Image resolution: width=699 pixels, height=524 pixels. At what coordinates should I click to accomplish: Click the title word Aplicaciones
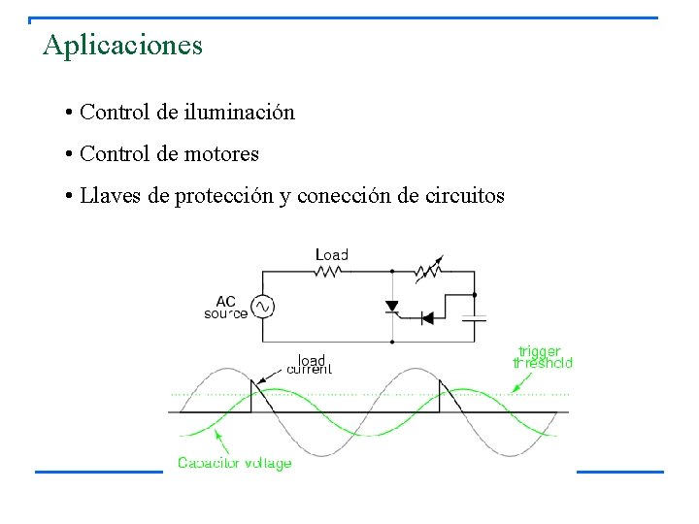(x=122, y=46)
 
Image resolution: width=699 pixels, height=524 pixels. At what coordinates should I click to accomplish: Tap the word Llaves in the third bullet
(x=110, y=196)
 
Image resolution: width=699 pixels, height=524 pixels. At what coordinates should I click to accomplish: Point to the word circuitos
(x=464, y=196)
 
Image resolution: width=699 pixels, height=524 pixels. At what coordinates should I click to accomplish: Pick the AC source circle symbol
(x=262, y=307)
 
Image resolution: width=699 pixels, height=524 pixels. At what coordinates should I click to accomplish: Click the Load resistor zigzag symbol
(x=327, y=272)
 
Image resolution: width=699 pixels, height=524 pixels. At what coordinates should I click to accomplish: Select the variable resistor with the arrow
(x=428, y=270)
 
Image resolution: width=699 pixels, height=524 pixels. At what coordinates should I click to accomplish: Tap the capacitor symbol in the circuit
(x=474, y=316)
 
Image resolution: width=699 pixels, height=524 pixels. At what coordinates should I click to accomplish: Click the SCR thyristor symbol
(x=392, y=307)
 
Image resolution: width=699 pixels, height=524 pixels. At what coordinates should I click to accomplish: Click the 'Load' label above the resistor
(x=331, y=254)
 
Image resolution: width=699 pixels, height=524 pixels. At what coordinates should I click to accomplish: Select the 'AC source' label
(x=225, y=307)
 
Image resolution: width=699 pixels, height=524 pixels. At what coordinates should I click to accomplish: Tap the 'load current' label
(x=310, y=364)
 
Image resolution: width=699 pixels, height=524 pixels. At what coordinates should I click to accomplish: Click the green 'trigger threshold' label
(x=543, y=356)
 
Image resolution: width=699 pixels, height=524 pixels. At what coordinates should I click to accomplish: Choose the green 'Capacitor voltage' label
(x=234, y=464)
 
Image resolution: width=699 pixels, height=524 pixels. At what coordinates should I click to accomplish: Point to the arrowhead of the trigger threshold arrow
(x=515, y=391)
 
